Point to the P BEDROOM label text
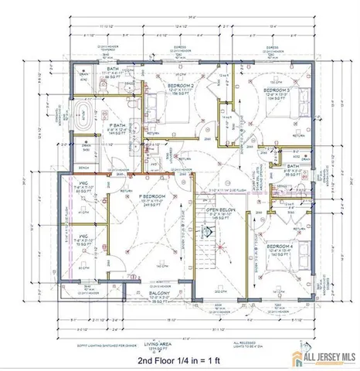point(154,197)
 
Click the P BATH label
point(117,125)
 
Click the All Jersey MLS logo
point(318,356)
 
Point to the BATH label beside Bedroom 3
point(293,166)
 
